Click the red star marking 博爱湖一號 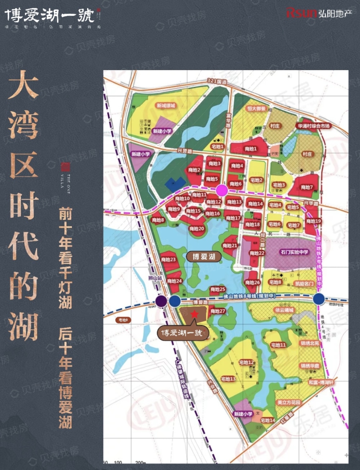[x=194, y=314]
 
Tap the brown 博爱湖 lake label [x=204, y=256]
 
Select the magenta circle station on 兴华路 [x=222, y=190]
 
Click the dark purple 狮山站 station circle [x=161, y=301]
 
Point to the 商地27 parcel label [x=218, y=311]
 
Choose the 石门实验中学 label [x=294, y=252]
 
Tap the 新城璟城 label [x=166, y=105]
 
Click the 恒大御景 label [x=256, y=108]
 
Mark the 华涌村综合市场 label [x=314, y=126]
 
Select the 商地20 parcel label [x=197, y=229]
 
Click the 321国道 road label [x=217, y=82]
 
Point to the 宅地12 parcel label [x=246, y=362]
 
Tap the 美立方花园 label [x=289, y=402]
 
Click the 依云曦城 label [x=284, y=310]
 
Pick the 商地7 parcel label [x=307, y=187]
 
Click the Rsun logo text [x=302, y=13]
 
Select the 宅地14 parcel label [x=267, y=420]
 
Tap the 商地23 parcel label [x=168, y=259]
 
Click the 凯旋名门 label [x=304, y=284]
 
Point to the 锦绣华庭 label [x=310, y=366]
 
